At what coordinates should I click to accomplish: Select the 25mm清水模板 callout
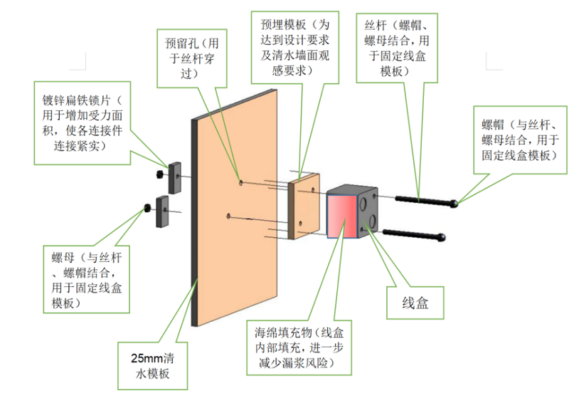coord(154,365)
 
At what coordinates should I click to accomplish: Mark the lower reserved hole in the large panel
coord(228,215)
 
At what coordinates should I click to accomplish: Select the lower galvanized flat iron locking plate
coord(160,211)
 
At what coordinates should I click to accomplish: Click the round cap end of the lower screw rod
coord(442,236)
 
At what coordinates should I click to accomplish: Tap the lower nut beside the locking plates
coord(146,208)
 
